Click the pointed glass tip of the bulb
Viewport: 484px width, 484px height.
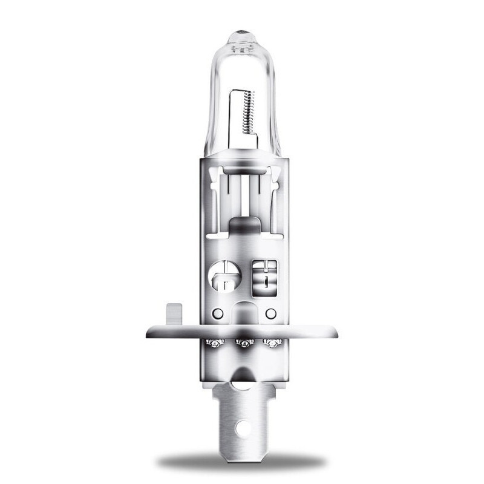[x=242, y=30]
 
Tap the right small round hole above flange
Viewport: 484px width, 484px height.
[x=270, y=313]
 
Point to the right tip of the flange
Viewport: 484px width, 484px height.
[x=336, y=332]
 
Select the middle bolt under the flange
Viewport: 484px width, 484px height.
[x=243, y=344]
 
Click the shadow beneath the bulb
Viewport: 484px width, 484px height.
[x=242, y=463]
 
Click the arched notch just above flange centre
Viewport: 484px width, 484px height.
[x=243, y=315]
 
